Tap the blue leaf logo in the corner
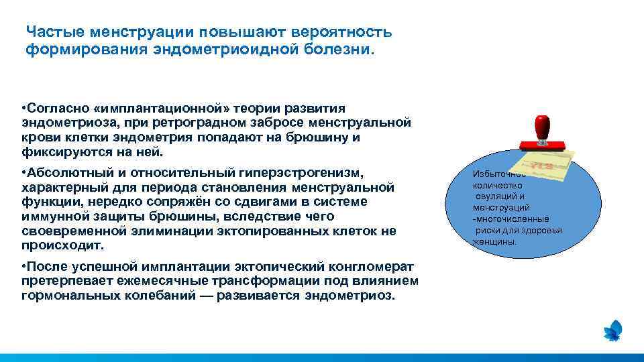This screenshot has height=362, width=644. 613,330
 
